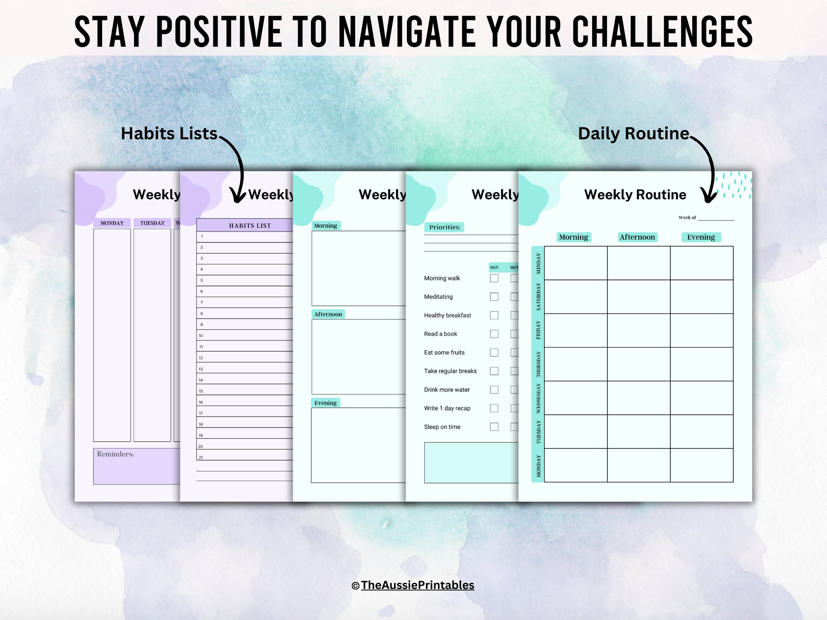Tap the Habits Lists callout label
(x=169, y=134)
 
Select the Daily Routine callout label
(x=633, y=134)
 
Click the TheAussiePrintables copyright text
(x=417, y=585)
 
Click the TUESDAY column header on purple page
(x=152, y=223)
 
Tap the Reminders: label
(x=115, y=454)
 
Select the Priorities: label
(x=445, y=227)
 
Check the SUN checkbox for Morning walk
(x=494, y=278)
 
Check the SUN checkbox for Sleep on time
(x=494, y=427)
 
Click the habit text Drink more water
(x=447, y=389)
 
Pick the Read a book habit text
(x=440, y=334)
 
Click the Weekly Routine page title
(x=635, y=194)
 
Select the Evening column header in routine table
(x=701, y=237)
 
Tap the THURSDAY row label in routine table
(x=538, y=364)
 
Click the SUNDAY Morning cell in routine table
(x=576, y=263)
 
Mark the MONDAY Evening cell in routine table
(x=701, y=465)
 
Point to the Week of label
(x=687, y=217)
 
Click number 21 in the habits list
(x=201, y=458)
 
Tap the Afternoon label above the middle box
(x=328, y=314)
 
